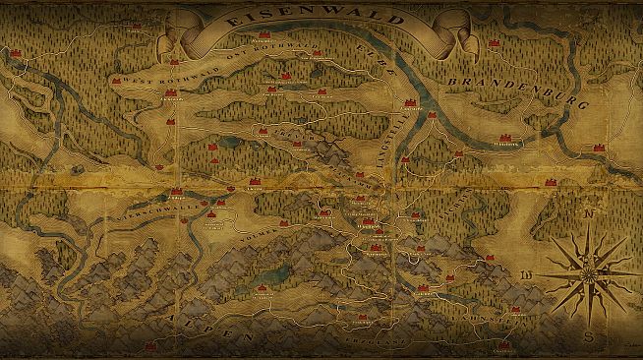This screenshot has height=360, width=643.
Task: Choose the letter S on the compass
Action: pos(587,337)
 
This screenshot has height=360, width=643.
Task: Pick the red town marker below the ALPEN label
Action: pos(150,346)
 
